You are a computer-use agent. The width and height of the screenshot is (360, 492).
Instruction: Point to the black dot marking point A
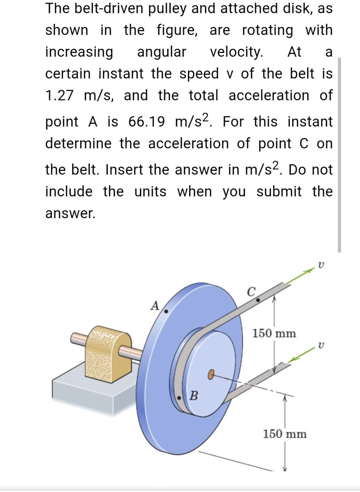click(166, 311)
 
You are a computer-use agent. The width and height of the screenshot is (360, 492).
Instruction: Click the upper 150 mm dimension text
click(274, 333)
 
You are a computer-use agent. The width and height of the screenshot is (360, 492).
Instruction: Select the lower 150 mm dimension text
click(284, 434)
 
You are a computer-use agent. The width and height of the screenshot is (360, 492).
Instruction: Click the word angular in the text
click(161, 51)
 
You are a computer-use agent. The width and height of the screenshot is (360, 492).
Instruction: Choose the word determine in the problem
click(79, 143)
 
